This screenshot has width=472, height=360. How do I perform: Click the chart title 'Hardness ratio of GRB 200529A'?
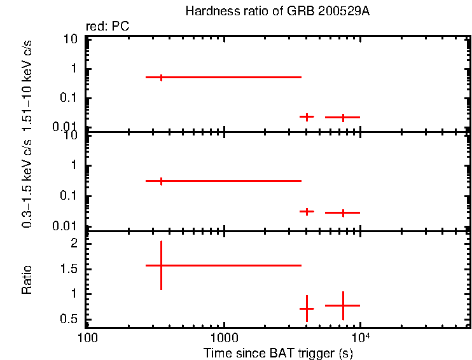277,11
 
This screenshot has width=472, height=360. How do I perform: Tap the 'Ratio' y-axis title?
27,280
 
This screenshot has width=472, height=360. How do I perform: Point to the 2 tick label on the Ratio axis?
74,244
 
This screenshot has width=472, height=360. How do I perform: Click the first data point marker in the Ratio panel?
161,265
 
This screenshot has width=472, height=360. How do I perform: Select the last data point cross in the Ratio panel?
343,305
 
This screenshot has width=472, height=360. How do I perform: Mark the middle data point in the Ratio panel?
307,308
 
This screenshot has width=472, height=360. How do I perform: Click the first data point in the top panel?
161,77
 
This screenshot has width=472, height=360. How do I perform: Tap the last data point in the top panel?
343,117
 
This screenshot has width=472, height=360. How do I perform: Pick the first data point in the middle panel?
161,181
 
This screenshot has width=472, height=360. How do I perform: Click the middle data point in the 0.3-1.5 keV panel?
307,211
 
